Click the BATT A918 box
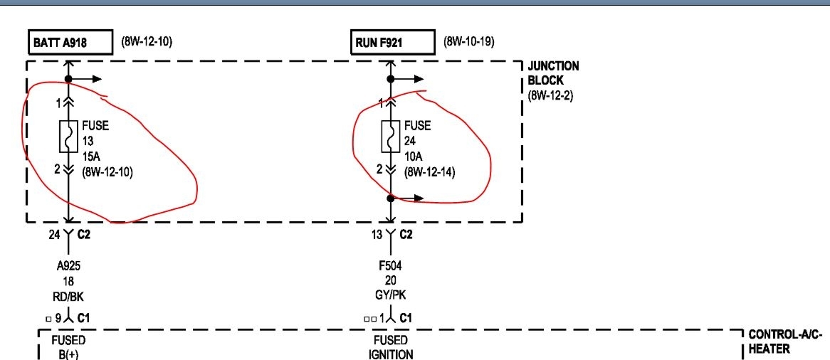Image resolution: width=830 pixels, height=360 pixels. (70, 43)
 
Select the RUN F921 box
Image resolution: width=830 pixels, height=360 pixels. (392, 43)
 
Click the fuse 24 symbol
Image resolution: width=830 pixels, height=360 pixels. (390, 137)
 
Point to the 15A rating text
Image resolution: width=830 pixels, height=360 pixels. (93, 156)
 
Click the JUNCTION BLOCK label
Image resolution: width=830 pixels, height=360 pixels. (553, 73)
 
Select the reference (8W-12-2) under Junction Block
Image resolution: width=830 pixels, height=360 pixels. (550, 95)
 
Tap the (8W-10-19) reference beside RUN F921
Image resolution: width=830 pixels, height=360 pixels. (468, 41)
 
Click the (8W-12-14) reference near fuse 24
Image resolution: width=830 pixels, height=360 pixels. (429, 172)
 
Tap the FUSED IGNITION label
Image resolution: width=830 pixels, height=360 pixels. (390, 346)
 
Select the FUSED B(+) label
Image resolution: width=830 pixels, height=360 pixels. (68, 346)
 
